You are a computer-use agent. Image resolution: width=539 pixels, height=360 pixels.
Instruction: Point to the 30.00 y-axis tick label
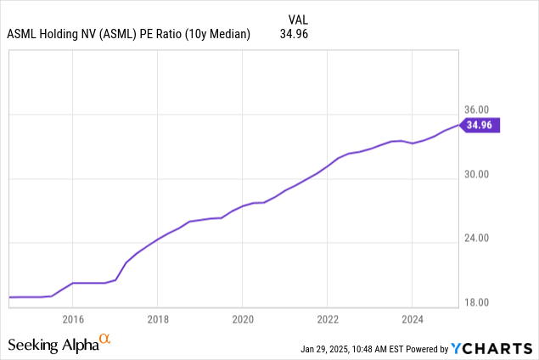click(x=478, y=175)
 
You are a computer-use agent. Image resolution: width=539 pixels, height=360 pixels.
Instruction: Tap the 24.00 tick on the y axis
click(x=478, y=239)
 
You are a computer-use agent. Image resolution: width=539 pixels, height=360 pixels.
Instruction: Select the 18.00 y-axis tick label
click(x=478, y=302)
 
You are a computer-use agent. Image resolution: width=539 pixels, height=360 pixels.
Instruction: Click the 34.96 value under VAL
click(x=295, y=34)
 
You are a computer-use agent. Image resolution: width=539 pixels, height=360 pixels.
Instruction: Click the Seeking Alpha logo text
click(x=53, y=345)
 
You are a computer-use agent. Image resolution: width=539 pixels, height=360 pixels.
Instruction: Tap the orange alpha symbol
click(x=105, y=340)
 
